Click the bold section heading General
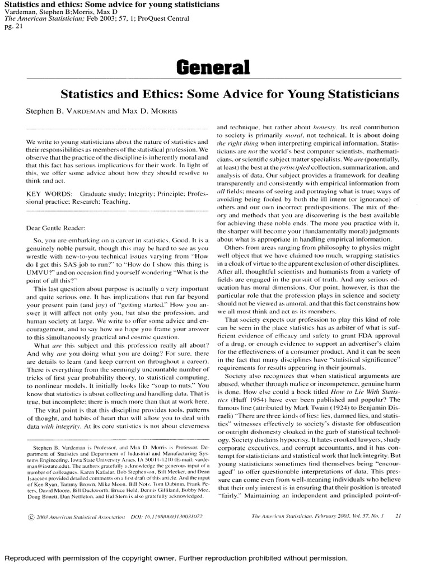click(213, 68)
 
